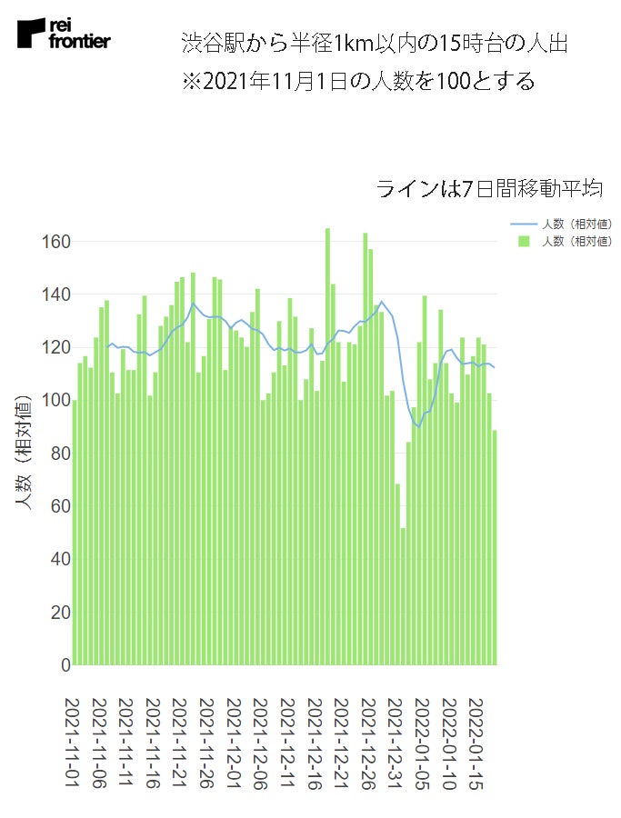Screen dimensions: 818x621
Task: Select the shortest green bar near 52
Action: [x=403, y=596]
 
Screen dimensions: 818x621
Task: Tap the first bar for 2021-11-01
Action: [x=75, y=533]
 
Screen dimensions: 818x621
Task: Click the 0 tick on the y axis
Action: [x=64, y=665]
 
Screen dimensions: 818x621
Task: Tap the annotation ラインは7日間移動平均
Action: [x=490, y=189]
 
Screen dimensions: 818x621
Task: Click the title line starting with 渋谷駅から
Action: [x=375, y=44]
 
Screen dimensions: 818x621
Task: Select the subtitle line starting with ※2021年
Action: [x=358, y=82]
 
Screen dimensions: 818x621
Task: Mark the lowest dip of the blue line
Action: [x=419, y=427]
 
